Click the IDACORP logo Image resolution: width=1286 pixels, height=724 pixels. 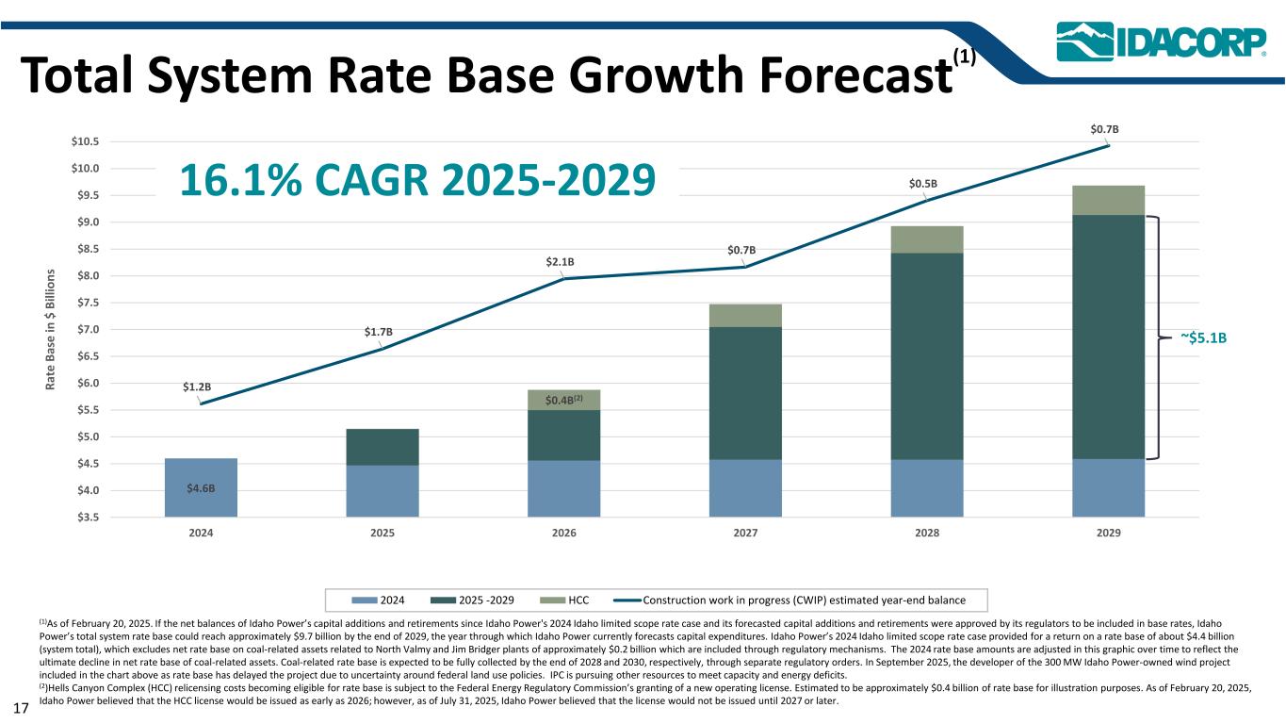(x=1160, y=41)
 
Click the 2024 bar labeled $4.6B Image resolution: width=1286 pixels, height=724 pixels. (x=201, y=487)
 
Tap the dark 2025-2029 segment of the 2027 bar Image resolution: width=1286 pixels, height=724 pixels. (x=745, y=393)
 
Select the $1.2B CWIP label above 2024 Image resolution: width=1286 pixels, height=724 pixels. (x=196, y=387)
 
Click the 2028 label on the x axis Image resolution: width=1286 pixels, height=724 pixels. (x=927, y=533)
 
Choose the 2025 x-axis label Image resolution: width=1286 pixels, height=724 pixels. (x=383, y=533)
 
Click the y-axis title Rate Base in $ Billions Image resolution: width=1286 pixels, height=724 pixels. (x=50, y=330)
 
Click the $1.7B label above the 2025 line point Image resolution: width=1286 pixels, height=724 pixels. (x=378, y=332)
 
